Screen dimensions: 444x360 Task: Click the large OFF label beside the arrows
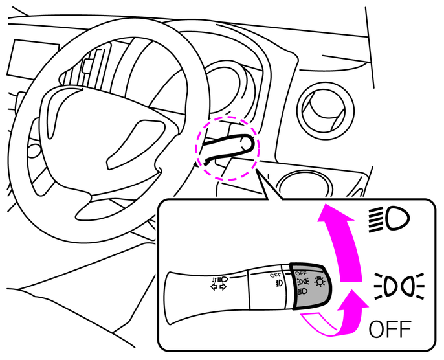(x=390, y=329)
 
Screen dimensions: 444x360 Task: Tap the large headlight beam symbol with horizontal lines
(x=389, y=219)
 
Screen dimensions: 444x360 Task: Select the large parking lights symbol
(x=399, y=286)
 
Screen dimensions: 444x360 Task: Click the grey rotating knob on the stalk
(x=311, y=286)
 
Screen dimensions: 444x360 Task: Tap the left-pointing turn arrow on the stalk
(x=214, y=287)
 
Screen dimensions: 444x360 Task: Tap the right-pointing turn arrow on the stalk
(x=223, y=287)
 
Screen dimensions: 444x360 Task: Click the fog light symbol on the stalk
(x=279, y=282)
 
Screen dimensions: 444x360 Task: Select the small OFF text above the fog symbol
(x=275, y=275)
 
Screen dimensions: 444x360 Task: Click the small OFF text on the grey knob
(x=301, y=273)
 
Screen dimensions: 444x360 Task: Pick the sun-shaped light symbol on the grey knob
(x=320, y=281)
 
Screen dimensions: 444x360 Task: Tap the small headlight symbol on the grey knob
(x=302, y=291)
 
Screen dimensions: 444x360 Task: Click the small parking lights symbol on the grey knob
(x=303, y=282)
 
